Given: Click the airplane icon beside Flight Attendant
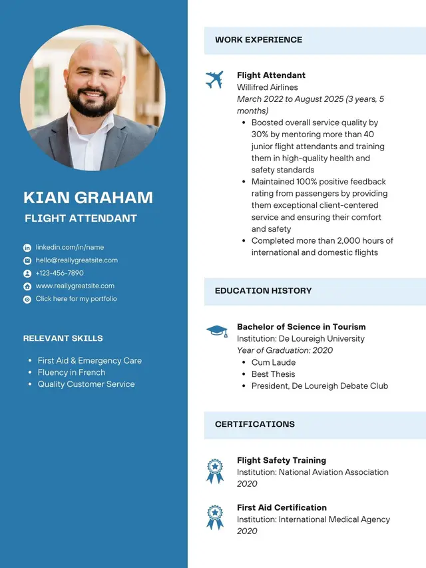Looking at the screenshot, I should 214,80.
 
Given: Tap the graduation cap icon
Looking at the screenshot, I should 216,330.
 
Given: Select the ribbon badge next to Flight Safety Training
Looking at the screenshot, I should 214,471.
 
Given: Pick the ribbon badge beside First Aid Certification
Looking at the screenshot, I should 214,517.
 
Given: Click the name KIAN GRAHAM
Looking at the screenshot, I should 88,197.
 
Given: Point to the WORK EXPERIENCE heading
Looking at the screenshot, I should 258,40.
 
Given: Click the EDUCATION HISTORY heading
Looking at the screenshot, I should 263,291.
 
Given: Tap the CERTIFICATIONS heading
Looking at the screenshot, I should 254,424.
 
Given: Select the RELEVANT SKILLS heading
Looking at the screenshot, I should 63,338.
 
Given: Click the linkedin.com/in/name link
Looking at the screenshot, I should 70,247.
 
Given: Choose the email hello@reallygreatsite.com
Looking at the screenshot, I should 77,260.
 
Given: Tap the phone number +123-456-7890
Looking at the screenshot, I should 60,273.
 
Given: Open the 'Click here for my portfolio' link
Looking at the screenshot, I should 76,299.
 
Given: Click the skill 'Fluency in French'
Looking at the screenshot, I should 71,372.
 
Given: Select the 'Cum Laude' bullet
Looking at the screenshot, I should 273,362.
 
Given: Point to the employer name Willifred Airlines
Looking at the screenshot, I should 267,87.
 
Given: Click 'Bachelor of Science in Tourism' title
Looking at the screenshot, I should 301,327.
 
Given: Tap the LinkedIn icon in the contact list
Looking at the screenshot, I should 27,248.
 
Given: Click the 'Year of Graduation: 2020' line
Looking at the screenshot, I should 285,350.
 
